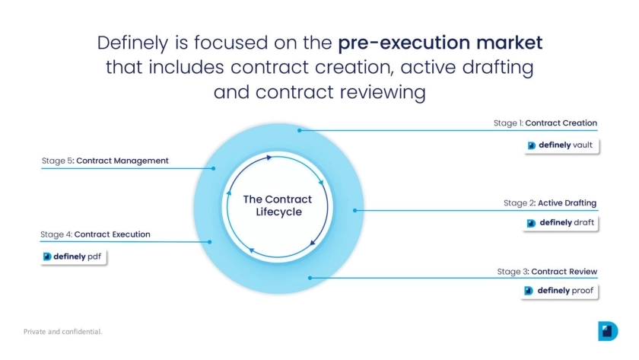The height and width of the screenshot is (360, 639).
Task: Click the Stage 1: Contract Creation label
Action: (545, 123)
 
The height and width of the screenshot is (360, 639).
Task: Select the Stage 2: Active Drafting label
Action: (550, 203)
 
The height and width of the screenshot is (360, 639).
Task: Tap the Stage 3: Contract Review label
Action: (547, 272)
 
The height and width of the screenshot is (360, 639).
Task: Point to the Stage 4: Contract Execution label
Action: (95, 234)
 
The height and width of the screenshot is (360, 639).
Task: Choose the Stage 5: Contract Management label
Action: (105, 161)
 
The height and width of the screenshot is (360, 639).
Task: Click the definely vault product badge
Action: (561, 145)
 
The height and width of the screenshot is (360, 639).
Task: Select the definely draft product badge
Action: (561, 222)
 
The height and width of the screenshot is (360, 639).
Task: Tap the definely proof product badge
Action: (559, 291)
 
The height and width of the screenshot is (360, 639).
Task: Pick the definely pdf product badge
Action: (73, 256)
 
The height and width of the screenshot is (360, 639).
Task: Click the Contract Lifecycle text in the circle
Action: (278, 205)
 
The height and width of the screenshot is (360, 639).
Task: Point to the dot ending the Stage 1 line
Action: (300, 130)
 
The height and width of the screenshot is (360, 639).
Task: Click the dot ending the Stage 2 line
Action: (355, 210)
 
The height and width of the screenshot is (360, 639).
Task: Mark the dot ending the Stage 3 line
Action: (310, 278)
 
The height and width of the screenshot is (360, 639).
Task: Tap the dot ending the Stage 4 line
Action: (209, 242)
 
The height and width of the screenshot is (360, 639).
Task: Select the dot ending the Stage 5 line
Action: (214, 168)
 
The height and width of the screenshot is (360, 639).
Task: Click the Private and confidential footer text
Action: (62, 332)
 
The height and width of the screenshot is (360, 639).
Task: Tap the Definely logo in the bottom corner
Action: (608, 330)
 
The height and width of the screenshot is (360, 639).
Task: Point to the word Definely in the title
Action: (133, 43)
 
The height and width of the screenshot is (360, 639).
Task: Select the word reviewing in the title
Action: (383, 92)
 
